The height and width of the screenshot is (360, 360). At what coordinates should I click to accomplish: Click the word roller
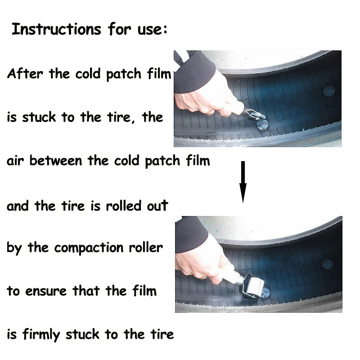tap(145, 247)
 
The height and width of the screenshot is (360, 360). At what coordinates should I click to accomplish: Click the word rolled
tap(124, 206)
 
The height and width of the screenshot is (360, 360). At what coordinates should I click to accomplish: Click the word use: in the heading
tap(153, 30)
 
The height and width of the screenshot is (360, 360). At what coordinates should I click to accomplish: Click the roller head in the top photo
tap(256, 117)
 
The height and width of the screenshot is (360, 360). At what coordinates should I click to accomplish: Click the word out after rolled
tap(157, 206)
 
